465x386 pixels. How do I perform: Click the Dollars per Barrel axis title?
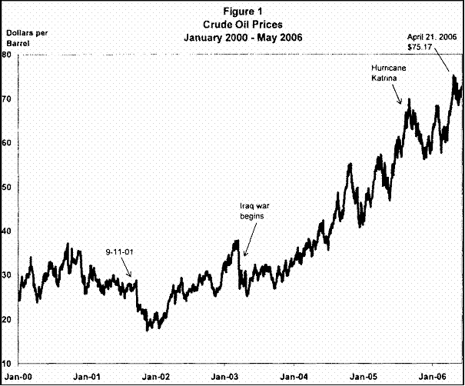pyautogui.click(x=24, y=40)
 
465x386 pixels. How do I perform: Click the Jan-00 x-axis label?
pyautogui.click(x=17, y=377)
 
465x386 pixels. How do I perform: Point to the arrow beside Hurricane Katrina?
pyautogui.click(x=397, y=95)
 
